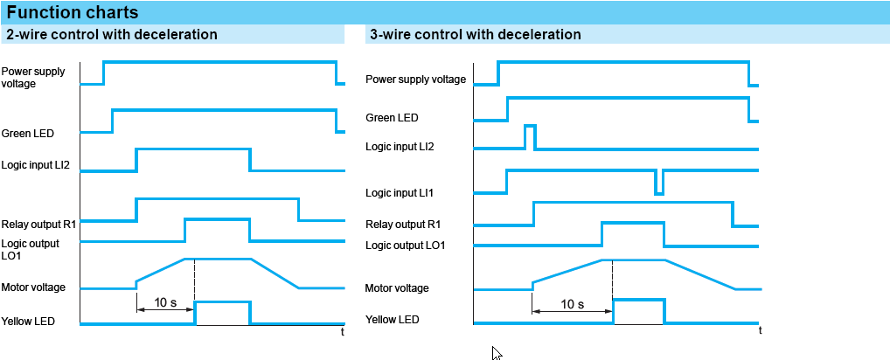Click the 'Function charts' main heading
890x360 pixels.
pos(72,12)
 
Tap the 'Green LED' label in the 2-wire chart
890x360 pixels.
pos(28,134)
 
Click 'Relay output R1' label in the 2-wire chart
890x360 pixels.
pos(38,224)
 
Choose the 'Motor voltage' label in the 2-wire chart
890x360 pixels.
pos(33,287)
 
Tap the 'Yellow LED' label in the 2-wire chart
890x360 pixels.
pos(28,321)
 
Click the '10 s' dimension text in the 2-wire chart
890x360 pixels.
pos(166,302)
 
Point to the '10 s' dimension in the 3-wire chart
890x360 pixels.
pos(572,304)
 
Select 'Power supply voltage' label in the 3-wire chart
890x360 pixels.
pos(415,80)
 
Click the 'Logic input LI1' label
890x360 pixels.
pos(400,193)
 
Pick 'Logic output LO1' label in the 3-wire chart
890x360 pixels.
pos(406,246)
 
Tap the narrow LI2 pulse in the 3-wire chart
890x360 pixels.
pos(530,136)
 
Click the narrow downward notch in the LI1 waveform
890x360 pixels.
pos(659,182)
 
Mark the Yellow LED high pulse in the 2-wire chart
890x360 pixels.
pos(222,312)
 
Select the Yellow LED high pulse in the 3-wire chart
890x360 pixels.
pos(638,311)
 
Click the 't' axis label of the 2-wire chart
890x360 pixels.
pos(342,332)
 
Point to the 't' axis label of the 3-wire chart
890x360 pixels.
pos(760,330)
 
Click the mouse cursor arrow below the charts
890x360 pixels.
pos(497,353)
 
